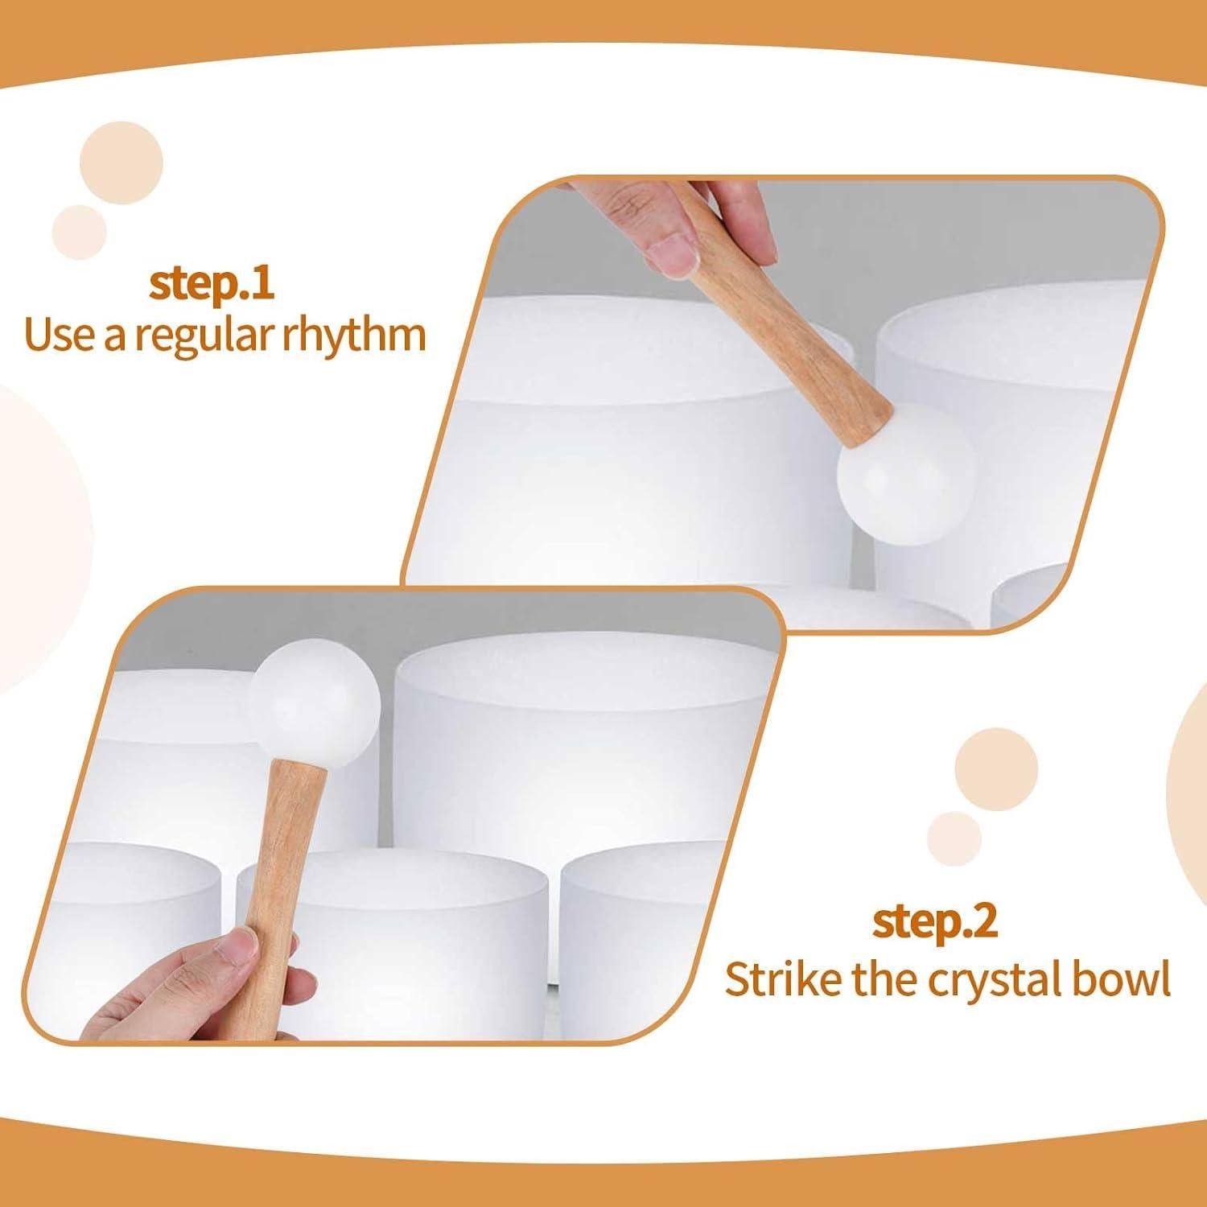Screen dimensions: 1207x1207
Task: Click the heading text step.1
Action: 212,284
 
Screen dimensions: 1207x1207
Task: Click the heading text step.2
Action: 935,923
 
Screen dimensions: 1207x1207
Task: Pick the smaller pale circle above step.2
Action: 955,840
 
